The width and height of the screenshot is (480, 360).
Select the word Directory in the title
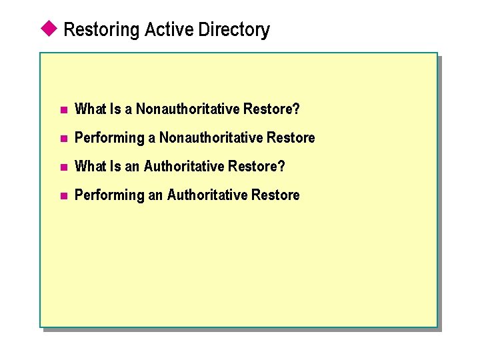click(x=230, y=30)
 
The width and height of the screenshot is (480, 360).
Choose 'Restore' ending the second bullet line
click(x=291, y=137)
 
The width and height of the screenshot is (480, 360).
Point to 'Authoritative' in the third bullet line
click(x=184, y=166)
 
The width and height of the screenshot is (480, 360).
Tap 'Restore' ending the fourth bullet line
click(x=275, y=195)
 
